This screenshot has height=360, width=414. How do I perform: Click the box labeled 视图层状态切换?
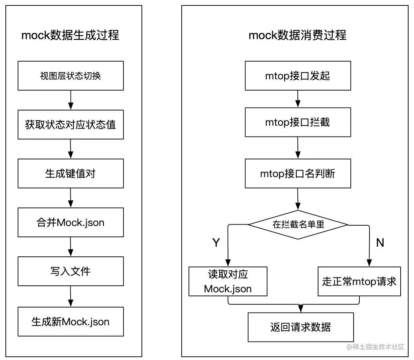coord(71,76)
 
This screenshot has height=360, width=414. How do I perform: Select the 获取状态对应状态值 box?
coord(71,125)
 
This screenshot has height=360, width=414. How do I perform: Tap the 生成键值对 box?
coord(71,173)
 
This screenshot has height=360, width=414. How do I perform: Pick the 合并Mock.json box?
coord(71,222)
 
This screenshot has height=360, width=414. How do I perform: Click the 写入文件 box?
coord(71,271)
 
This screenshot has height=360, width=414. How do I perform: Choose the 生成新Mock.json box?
coord(71,321)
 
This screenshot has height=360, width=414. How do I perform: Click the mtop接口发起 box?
coord(297,76)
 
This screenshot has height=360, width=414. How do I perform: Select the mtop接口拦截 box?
coord(297,122)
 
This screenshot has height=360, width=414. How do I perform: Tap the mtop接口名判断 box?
coord(297,173)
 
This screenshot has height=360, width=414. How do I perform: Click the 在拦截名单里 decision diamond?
coord(298,225)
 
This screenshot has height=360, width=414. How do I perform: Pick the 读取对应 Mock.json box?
coord(228,281)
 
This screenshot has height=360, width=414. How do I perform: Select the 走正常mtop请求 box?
coord(359,281)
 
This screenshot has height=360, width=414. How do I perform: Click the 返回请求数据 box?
coord(300,327)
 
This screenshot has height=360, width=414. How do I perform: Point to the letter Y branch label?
coord(216,242)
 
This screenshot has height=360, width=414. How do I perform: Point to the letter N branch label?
coord(380,242)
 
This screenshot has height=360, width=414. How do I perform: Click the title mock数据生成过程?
coord(70,35)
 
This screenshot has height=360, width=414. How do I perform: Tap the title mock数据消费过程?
coord(297,35)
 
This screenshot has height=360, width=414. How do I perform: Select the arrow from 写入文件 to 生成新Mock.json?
coord(71,296)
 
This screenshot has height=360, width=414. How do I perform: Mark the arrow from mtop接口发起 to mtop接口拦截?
coord(297,99)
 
